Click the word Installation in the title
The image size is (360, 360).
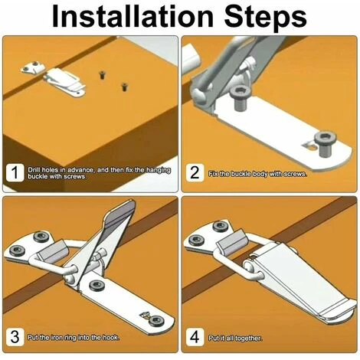pos(133,16)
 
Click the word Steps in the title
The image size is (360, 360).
pos(266,18)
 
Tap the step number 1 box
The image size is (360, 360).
pos(15,172)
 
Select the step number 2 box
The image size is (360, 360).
pos(195,173)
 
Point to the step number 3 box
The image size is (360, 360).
pos(15,337)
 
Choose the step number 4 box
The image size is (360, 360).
pos(195,337)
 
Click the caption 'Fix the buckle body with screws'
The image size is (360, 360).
pos(257,175)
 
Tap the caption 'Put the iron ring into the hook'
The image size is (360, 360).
pos(74,338)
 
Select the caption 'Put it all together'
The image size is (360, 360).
pos(235,339)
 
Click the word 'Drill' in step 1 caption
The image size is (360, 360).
pos(34,170)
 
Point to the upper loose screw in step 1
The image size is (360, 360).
pos(102,75)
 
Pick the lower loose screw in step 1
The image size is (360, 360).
pos(124,87)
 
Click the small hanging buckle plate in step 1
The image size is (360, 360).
pos(33,67)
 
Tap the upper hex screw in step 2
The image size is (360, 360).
pos(241,98)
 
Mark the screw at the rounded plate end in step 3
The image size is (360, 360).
pos(155,320)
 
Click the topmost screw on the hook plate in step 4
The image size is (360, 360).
pos(220,226)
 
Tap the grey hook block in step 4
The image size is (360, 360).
pos(232,241)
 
